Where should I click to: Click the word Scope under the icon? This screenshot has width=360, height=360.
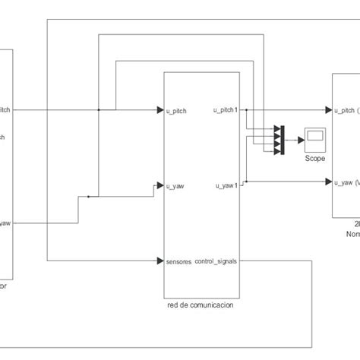tap(314, 158)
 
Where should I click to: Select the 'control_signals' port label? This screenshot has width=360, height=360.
tap(216, 261)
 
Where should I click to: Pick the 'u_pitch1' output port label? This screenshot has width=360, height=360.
tap(226, 110)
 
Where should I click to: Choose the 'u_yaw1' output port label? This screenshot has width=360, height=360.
tap(226, 185)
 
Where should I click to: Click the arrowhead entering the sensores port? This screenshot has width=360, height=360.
tap(160, 261)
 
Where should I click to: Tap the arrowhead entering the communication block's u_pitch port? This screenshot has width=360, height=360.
tap(160, 110)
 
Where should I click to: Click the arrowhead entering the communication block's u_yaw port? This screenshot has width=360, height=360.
tap(160, 185)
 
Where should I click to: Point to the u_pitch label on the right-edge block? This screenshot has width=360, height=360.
tap(348, 110)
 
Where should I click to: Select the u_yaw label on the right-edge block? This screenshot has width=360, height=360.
tap(348, 182)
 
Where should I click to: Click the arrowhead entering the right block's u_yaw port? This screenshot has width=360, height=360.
tap(329, 182)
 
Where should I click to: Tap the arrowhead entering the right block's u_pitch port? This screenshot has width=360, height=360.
tap(329, 110)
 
